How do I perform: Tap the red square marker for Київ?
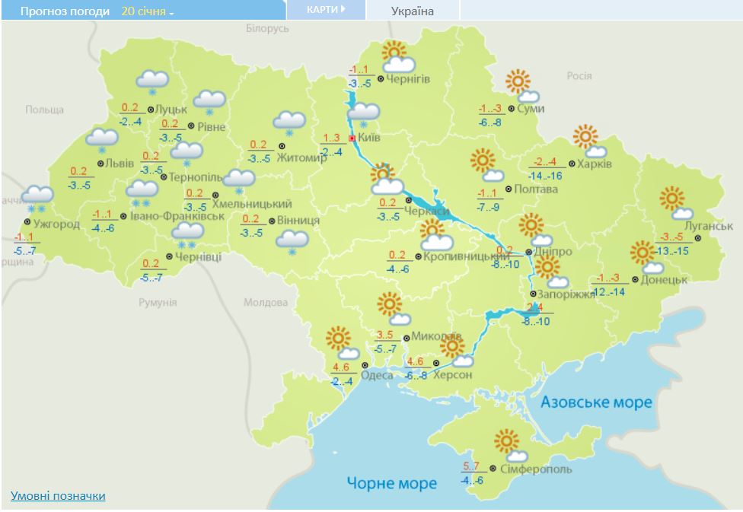click(x=352, y=138)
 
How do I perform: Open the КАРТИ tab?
click(x=325, y=10)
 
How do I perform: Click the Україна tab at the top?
click(x=412, y=11)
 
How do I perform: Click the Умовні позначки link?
click(x=58, y=496)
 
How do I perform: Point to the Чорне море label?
click(x=392, y=483)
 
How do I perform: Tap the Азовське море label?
click(x=596, y=402)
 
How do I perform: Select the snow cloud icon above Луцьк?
click(x=152, y=81)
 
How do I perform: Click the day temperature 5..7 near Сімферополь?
click(x=472, y=466)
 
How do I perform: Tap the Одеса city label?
click(x=378, y=375)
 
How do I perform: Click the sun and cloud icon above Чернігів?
click(x=397, y=57)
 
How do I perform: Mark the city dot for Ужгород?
click(x=27, y=222)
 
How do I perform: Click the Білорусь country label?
click(x=268, y=28)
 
